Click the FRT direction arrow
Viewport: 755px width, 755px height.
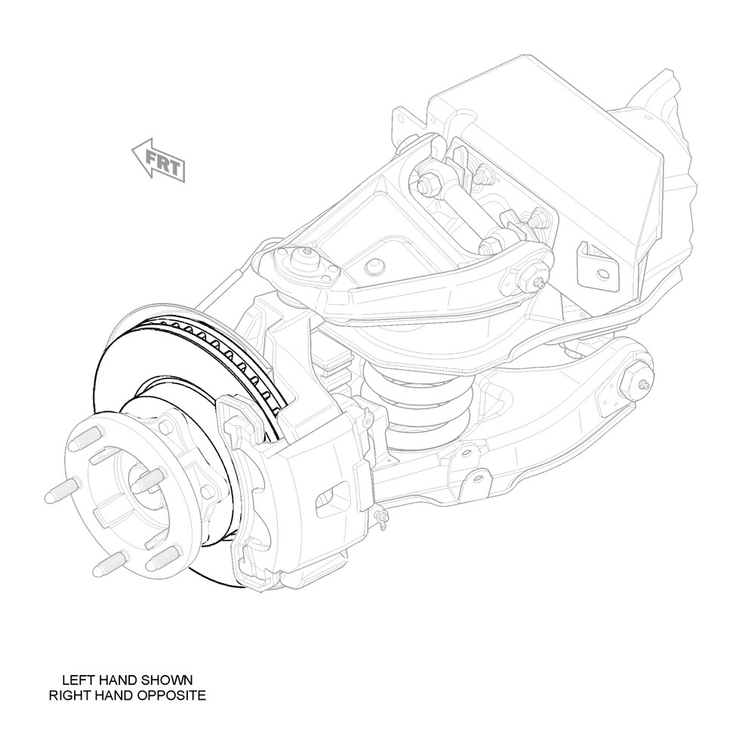pos(159,161)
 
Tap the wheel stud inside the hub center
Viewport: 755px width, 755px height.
pos(147,480)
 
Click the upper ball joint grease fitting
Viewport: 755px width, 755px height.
pos(307,251)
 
